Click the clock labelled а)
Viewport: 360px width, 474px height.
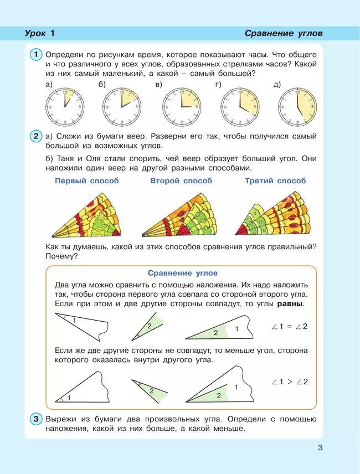click(x=65, y=106)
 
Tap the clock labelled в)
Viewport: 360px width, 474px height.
click(x=181, y=106)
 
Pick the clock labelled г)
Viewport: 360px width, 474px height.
click(x=239, y=106)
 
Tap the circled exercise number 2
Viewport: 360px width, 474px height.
click(x=35, y=136)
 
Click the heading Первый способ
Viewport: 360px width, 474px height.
click(x=86, y=181)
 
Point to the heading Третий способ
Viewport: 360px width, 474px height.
click(x=275, y=181)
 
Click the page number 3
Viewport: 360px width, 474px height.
click(x=320, y=447)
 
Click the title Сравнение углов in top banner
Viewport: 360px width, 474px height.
click(x=283, y=34)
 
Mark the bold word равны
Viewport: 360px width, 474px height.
click(x=290, y=304)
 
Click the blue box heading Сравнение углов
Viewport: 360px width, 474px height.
click(x=183, y=273)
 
